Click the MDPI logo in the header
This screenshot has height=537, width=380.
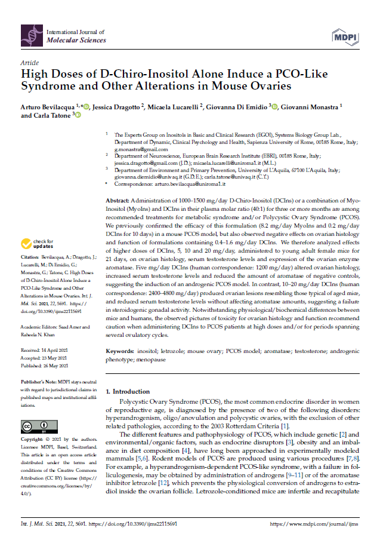(x=348, y=35)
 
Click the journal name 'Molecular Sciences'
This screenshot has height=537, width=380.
(x=76, y=40)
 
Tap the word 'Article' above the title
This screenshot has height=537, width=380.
(x=30, y=63)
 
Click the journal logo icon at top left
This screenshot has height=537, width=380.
(x=31, y=35)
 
